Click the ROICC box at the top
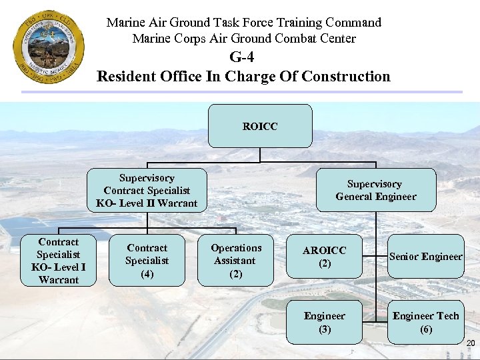tap(260, 126)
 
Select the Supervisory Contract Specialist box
tap(147, 191)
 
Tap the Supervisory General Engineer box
tap(375, 190)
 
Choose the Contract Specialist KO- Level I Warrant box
tap(59, 261)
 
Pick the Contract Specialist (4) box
tap(147, 261)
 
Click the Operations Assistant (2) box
tap(235, 261)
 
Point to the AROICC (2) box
tap(325, 257)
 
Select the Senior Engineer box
tap(425, 257)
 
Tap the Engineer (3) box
tap(325, 323)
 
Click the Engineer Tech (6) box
tap(425, 323)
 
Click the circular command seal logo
tap(49, 47)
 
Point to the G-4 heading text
tap(243, 57)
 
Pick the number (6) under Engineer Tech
tap(425, 329)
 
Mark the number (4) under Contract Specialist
tap(147, 273)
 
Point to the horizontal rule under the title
tap(280, 92)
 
